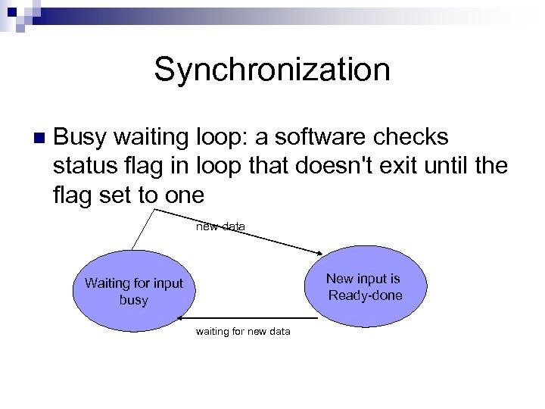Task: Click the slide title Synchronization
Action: pos(272,70)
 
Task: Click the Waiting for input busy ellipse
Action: pos(134,292)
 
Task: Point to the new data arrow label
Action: pos(220,226)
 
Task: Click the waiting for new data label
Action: pos(242,331)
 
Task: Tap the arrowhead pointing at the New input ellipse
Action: pos(319,253)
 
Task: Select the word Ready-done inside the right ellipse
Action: pos(365,295)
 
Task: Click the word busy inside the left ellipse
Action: pos(134,300)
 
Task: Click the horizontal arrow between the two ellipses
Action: pos(250,318)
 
